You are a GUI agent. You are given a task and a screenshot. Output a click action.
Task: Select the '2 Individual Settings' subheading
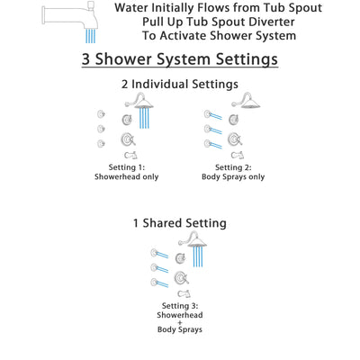(180, 85)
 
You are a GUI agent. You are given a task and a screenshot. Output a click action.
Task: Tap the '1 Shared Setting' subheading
(180, 222)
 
